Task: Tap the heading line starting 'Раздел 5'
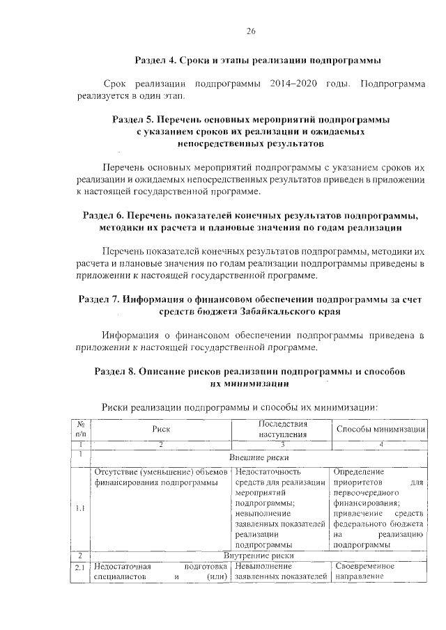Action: point(251,120)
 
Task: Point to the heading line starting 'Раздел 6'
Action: point(251,215)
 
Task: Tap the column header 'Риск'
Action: point(161,430)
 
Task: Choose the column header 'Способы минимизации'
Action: point(380,430)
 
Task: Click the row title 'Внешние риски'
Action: point(259,458)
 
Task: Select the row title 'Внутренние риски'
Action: point(259,556)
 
